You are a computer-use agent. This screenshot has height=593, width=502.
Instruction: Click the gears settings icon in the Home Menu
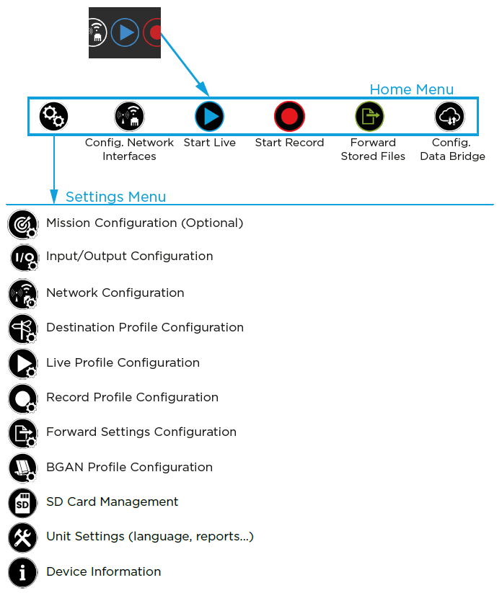pyautogui.click(x=53, y=115)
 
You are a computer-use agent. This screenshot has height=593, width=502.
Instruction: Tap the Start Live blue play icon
pyautogui.click(x=209, y=116)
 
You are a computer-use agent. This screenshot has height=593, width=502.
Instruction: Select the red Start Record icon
pyautogui.click(x=289, y=116)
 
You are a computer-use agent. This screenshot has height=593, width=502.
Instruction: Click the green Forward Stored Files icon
pyautogui.click(x=369, y=116)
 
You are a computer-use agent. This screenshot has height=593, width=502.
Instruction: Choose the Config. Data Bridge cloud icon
pyautogui.click(x=449, y=116)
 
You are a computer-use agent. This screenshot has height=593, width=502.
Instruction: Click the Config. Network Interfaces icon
pyautogui.click(x=129, y=116)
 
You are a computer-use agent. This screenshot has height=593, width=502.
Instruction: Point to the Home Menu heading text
pyautogui.click(x=411, y=89)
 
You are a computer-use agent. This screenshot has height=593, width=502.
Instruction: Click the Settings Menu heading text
pyautogui.click(x=115, y=197)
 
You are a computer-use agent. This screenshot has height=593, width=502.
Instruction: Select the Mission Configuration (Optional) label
pyautogui.click(x=144, y=223)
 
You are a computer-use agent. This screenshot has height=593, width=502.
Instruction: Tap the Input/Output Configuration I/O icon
pyautogui.click(x=23, y=257)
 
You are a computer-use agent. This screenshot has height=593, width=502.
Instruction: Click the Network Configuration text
pyautogui.click(x=115, y=293)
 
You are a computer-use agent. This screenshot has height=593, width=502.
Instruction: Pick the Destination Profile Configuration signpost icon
pyautogui.click(x=22, y=329)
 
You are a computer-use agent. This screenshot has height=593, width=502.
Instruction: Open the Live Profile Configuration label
pyautogui.click(x=123, y=362)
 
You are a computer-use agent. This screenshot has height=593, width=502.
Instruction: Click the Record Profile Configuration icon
pyautogui.click(x=22, y=398)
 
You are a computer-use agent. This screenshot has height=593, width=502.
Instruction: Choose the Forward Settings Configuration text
pyautogui.click(x=141, y=432)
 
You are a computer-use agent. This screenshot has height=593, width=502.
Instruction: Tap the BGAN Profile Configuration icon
pyautogui.click(x=22, y=468)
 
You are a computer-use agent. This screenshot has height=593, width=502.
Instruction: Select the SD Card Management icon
pyautogui.click(x=22, y=502)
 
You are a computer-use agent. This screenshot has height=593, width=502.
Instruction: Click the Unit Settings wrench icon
pyautogui.click(x=22, y=537)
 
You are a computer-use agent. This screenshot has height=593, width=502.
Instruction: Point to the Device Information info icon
pyautogui.click(x=22, y=572)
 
